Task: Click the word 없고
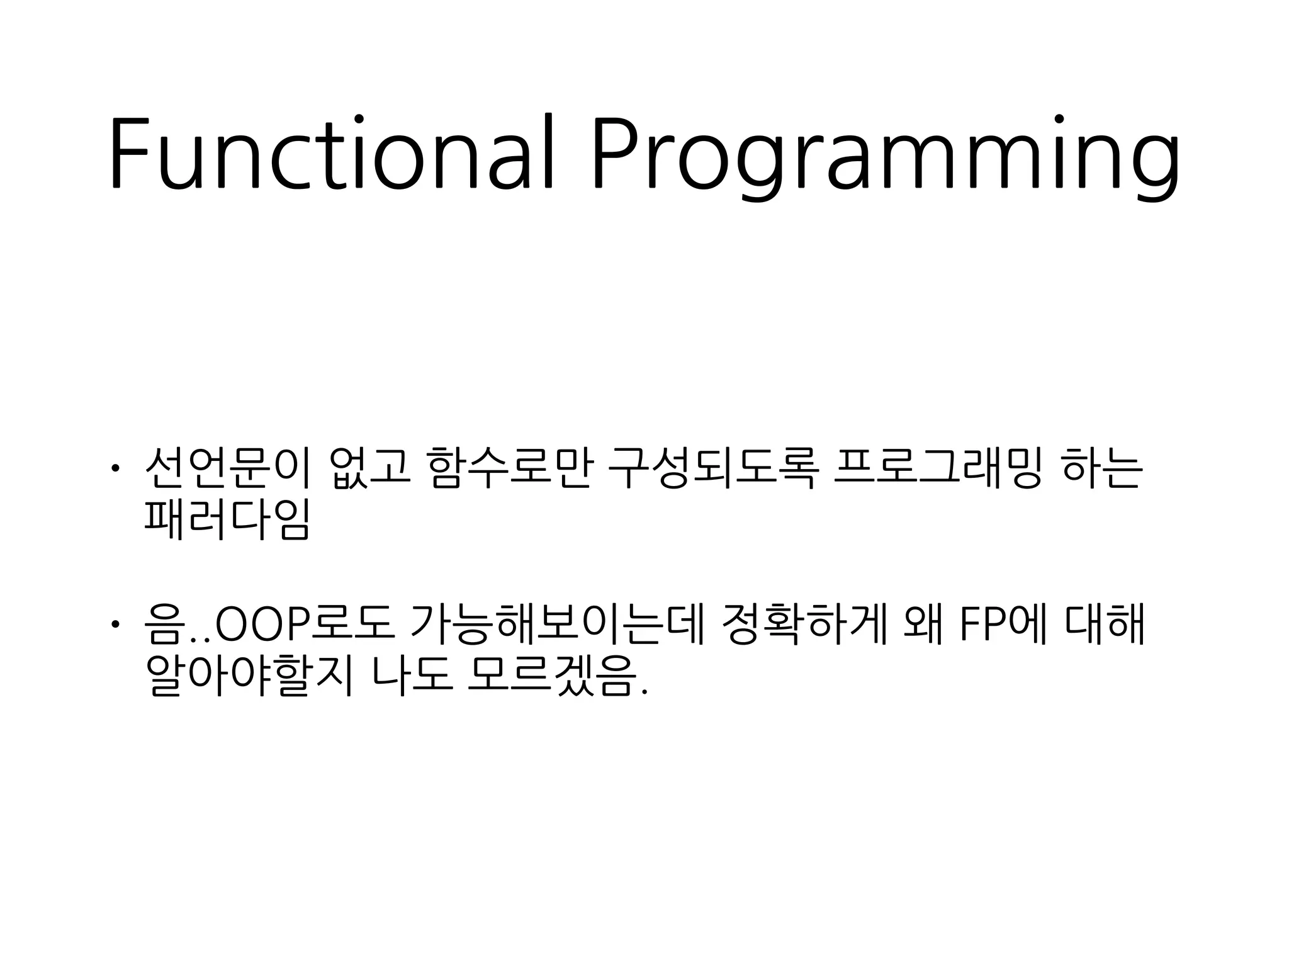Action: pos(369,468)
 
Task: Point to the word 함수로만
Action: pos(509,468)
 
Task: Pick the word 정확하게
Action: pos(806,624)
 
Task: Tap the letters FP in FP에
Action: pos(982,625)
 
